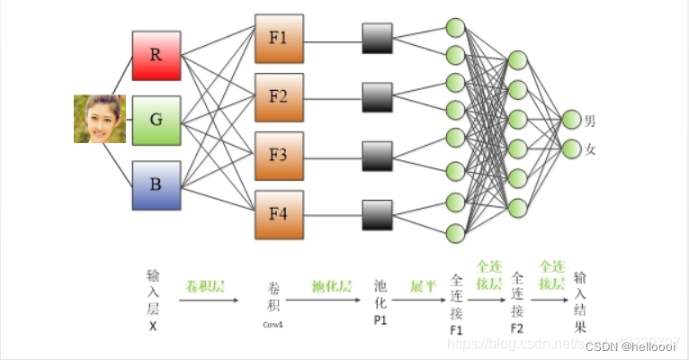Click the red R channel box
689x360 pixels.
point(157,55)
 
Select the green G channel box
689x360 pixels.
point(157,120)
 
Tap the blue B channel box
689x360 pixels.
point(157,185)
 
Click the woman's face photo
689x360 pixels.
point(99,119)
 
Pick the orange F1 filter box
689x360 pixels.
point(278,39)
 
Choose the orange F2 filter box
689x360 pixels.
point(278,97)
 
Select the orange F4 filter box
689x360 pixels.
point(278,214)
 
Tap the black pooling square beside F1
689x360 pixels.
point(378,39)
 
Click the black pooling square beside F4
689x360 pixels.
point(378,214)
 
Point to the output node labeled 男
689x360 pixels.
point(570,119)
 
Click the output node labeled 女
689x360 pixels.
point(570,148)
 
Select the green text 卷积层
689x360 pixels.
point(205,286)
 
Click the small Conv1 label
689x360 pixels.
point(273,323)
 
